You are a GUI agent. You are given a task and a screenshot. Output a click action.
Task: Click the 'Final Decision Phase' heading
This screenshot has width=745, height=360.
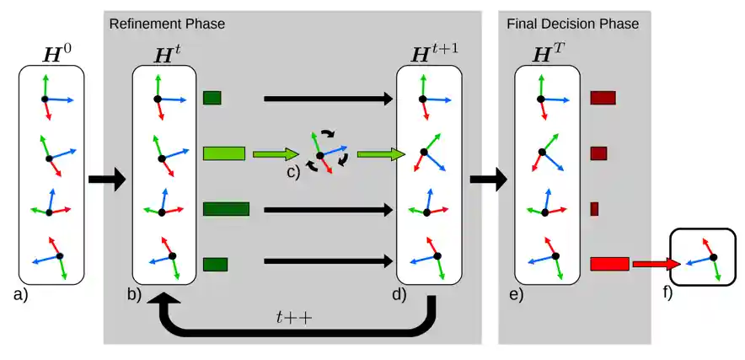click(572, 23)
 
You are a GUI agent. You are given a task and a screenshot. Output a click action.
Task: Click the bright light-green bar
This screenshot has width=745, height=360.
click(224, 153)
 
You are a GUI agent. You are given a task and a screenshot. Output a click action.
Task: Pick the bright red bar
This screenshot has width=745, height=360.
click(609, 264)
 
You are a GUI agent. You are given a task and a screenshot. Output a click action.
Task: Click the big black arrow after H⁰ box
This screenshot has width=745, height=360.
click(106, 180)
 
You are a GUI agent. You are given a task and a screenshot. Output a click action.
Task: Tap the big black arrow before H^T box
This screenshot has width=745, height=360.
click(488, 180)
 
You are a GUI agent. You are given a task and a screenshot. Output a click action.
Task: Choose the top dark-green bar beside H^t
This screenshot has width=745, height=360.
click(212, 98)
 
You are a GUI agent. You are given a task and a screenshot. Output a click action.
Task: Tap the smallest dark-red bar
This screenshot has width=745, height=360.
click(594, 209)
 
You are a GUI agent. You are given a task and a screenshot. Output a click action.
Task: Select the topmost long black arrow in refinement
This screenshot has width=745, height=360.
click(329, 99)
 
